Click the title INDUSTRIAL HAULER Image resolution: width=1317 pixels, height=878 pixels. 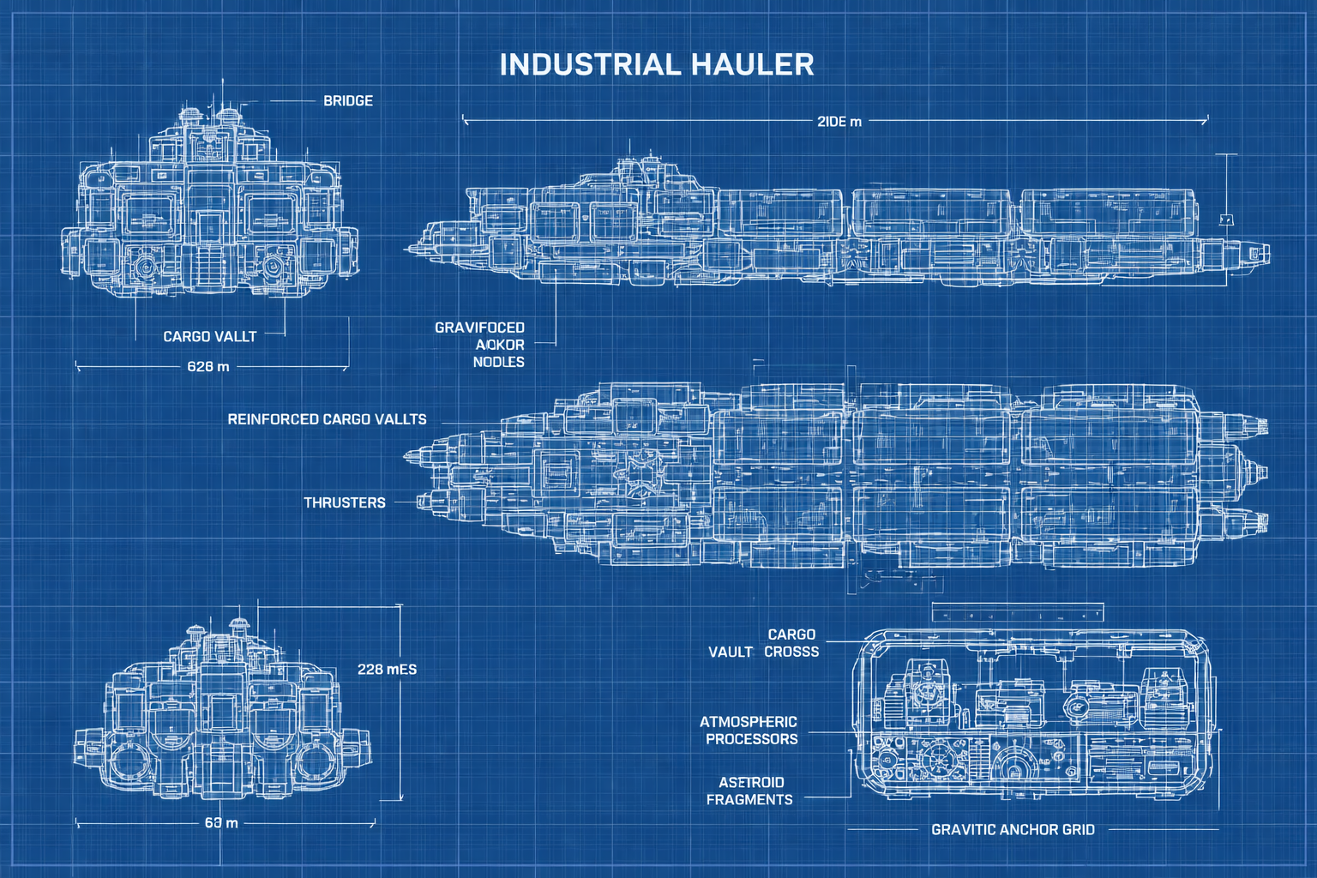coord(657,65)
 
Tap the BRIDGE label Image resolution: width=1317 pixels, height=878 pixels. coord(348,101)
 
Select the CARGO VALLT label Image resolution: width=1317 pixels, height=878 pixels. coord(210,337)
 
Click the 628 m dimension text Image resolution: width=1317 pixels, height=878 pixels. coord(208,367)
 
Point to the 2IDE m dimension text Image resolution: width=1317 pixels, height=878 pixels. coord(839,122)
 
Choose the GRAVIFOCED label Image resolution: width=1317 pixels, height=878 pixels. coord(479,328)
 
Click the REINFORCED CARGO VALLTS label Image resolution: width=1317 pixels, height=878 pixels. coord(327,419)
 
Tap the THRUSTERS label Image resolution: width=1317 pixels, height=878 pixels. coord(345,502)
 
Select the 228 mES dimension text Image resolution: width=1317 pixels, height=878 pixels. coord(387,669)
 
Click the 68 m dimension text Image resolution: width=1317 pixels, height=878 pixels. coord(221,823)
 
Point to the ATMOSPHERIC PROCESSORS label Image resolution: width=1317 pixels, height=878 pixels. coord(750,731)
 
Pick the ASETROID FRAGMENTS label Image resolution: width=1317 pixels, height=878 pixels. coord(750,791)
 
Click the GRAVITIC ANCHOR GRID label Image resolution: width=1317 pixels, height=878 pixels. coord(1013,830)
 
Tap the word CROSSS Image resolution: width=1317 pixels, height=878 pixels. coord(791,652)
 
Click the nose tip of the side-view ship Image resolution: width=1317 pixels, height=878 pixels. coord(406,250)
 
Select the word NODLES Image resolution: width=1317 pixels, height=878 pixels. coord(498,362)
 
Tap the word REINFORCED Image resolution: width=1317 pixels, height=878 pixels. coord(273,419)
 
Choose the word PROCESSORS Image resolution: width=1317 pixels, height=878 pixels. coord(752,739)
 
